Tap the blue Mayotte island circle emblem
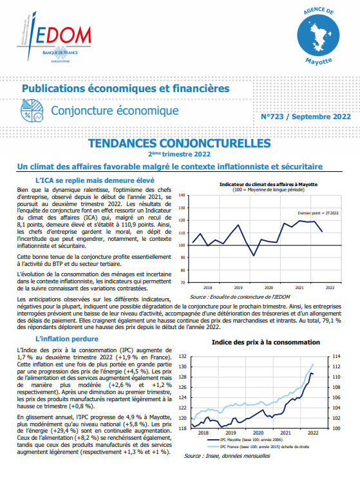point(318,35)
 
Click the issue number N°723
point(272,117)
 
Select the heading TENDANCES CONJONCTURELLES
point(180,143)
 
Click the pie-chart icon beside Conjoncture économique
point(32,111)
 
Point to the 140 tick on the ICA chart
point(182,195)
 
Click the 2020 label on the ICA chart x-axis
point(269,288)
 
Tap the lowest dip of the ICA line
point(254,256)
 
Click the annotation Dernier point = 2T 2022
point(318,213)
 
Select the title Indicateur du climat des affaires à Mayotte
point(269,184)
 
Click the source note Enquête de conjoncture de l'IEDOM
point(240,297)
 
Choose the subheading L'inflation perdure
point(67,339)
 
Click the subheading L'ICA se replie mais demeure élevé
point(95,180)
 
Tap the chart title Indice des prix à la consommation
point(266,343)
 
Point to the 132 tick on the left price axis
point(183,357)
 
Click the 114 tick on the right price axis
point(336,357)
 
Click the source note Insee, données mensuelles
point(227,456)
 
